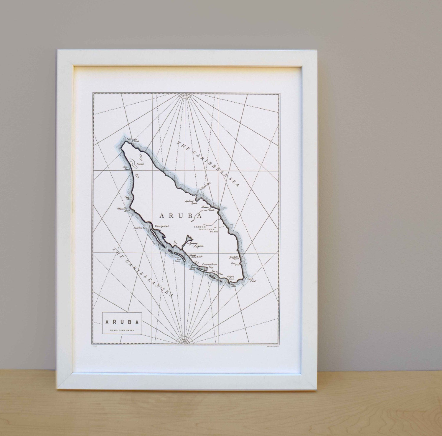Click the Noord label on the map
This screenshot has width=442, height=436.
click(140, 164)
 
